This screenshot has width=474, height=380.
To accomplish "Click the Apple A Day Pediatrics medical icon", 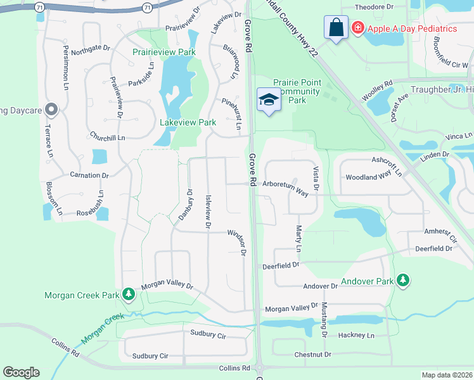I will click(x=357, y=28).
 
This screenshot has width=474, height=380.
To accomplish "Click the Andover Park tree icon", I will click(x=402, y=281).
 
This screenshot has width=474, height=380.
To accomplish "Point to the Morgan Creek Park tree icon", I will click(x=129, y=294).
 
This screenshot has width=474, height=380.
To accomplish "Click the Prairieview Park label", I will click(x=164, y=52).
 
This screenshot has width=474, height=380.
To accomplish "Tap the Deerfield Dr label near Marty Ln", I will click(x=281, y=265).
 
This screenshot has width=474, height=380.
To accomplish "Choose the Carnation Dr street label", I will click(x=90, y=175).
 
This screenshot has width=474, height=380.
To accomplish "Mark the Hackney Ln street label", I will click(x=357, y=335).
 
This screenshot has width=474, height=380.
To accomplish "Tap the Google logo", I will click(x=21, y=372).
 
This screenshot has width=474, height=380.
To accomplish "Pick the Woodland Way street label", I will click(x=368, y=178).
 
